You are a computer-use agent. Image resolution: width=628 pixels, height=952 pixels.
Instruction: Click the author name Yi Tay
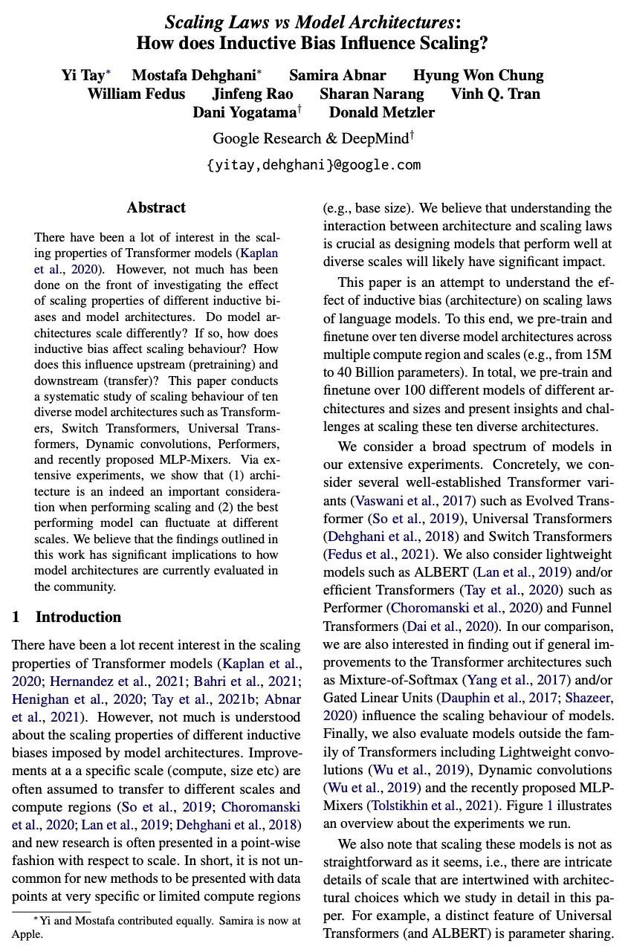82,75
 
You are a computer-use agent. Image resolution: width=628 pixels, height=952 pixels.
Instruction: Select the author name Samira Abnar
337,75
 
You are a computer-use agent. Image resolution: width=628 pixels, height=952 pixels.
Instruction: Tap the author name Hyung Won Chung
478,75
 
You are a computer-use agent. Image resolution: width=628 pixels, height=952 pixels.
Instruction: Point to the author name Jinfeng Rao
253,94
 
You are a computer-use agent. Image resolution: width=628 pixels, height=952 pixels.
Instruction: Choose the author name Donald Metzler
382,112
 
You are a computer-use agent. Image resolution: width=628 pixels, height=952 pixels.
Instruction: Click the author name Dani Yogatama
244,112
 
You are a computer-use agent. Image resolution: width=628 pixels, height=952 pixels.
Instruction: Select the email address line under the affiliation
314,164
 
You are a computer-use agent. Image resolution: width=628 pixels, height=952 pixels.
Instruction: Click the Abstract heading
156,207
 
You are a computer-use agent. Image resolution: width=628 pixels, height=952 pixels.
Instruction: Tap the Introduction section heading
78,617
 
